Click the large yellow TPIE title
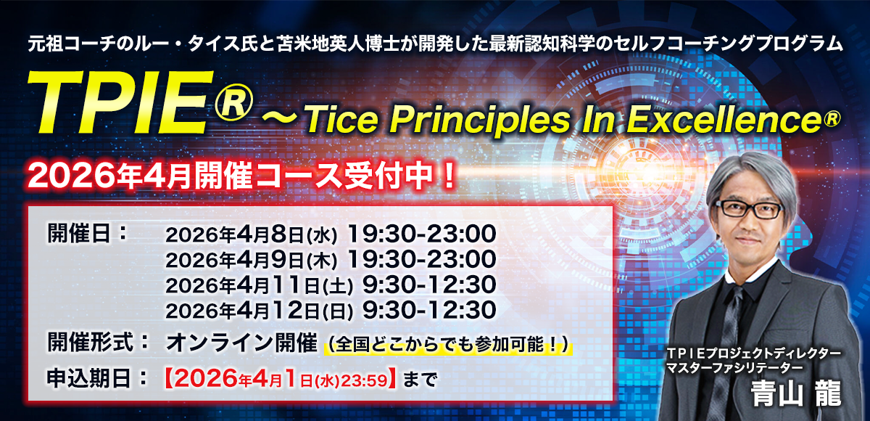pos(120,103)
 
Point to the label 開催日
pos(79,234)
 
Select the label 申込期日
pos(88,378)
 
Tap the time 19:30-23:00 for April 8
pos(421,234)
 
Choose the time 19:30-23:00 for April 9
pos(421,259)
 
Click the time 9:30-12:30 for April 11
pos(428,285)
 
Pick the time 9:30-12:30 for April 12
pos(428,310)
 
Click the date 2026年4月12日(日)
pos(260,311)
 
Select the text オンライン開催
pos(241,343)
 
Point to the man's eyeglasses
pos(750,209)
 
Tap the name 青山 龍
pos(796,393)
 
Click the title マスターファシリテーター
pos(734,367)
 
